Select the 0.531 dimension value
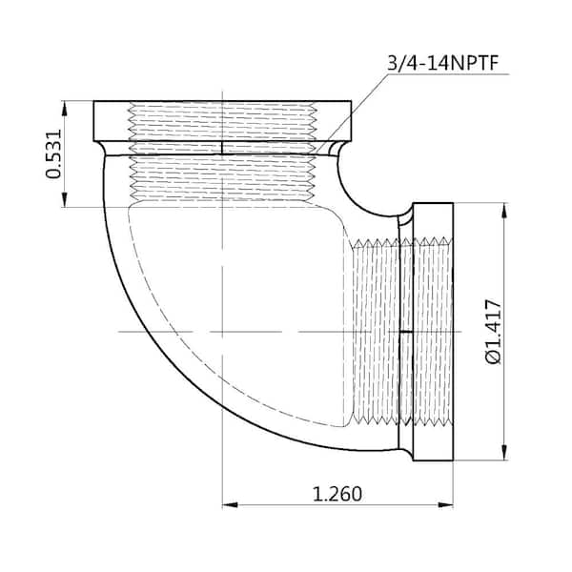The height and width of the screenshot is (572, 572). tap(54, 153)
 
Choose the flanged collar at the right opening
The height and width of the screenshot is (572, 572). tap(434, 331)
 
